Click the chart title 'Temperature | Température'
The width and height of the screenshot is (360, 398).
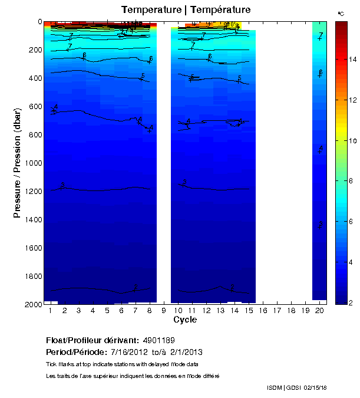coord(186,10)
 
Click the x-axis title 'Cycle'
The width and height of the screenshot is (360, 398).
coord(185,320)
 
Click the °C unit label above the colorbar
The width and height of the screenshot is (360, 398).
coord(341,13)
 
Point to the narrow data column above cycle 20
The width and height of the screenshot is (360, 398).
coord(319,159)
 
